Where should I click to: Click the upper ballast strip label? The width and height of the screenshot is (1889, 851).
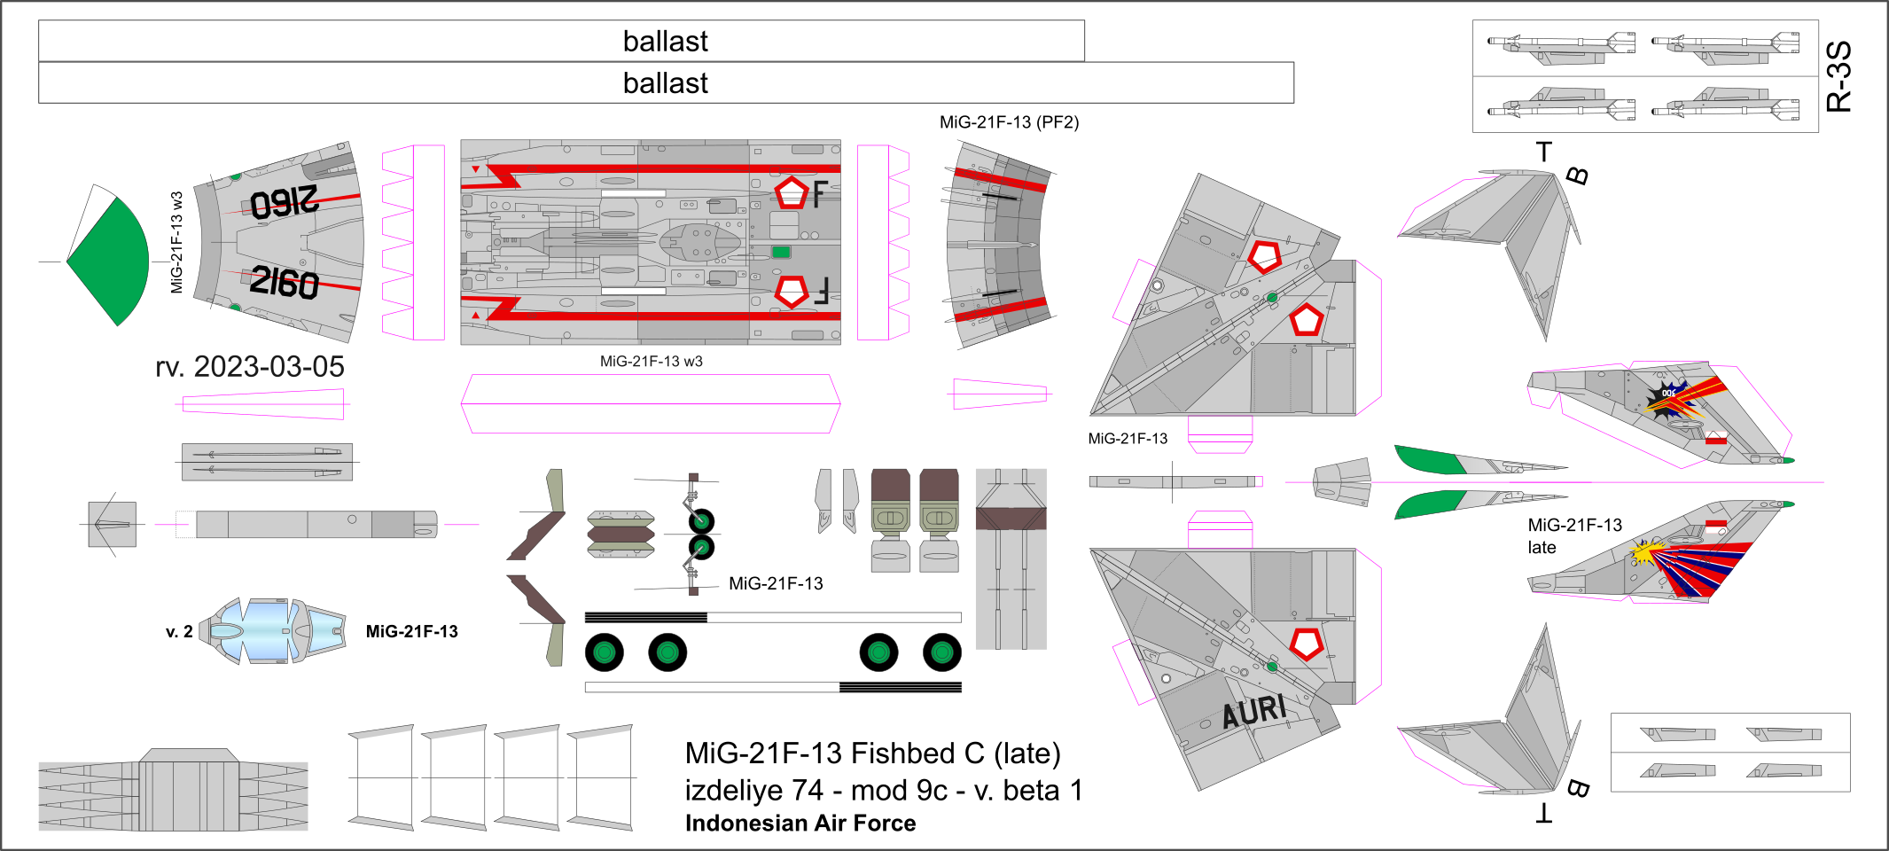click(665, 42)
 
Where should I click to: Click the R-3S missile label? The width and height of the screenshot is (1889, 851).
click(1839, 76)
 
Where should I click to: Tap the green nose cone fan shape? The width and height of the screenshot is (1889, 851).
click(109, 262)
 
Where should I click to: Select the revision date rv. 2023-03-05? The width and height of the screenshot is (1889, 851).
click(250, 367)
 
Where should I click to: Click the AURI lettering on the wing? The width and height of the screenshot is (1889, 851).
click(1254, 711)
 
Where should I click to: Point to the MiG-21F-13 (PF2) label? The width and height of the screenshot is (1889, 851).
click(1009, 122)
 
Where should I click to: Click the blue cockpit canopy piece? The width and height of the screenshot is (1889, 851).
click(266, 631)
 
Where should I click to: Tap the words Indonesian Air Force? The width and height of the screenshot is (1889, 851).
click(800, 824)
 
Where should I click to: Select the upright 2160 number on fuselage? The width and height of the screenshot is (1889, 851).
click(284, 283)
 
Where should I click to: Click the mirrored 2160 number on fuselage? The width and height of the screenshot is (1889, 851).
click(284, 202)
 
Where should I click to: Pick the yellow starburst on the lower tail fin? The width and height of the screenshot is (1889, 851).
click(1643, 555)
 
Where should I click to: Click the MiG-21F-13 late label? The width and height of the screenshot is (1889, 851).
click(1574, 535)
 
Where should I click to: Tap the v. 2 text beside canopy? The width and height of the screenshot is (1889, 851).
click(179, 632)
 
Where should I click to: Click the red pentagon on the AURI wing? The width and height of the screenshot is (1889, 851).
click(1307, 644)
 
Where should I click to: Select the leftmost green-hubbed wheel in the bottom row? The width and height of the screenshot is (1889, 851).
click(605, 653)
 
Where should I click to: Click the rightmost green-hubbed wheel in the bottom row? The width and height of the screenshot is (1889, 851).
click(942, 653)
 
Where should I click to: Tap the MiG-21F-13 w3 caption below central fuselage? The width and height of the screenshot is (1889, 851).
click(651, 362)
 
